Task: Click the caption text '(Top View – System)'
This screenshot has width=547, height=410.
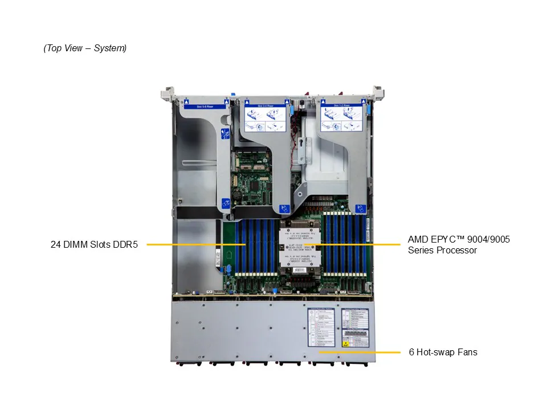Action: tap(85, 48)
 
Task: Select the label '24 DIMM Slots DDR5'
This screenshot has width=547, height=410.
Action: tap(95, 245)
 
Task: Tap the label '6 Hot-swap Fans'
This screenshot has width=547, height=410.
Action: tap(443, 352)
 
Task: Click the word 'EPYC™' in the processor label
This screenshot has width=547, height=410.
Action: tap(450, 240)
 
